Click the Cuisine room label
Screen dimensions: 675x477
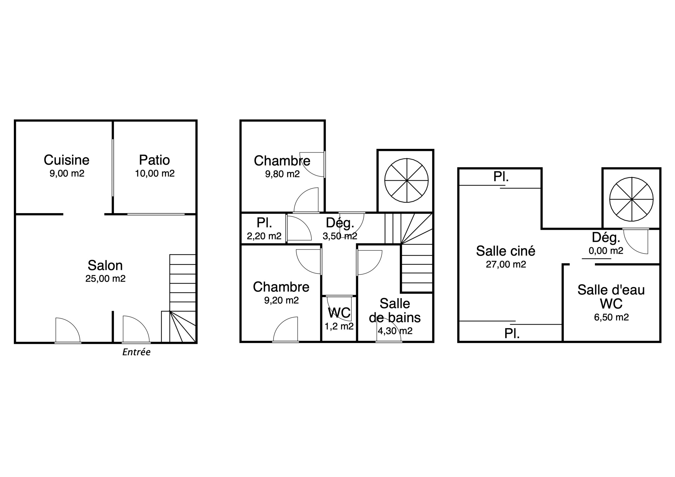coord(67,160)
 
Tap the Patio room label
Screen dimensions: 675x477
coord(155,160)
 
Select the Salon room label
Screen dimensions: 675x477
coord(105,266)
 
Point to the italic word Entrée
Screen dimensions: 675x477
coord(136,352)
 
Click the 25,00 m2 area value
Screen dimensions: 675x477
coord(105,279)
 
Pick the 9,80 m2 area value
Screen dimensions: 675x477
coord(282,174)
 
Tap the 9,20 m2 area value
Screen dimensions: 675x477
coord(281,300)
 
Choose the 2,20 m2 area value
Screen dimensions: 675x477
coord(264,236)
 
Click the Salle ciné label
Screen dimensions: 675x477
coord(506,251)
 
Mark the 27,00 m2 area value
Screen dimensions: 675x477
coord(506,265)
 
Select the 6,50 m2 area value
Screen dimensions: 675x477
coord(611,317)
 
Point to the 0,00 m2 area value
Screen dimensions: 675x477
coord(606,251)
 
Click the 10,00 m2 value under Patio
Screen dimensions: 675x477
coord(155,173)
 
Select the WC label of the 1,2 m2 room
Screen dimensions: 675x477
coord(339,313)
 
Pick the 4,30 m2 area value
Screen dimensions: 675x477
coord(395,331)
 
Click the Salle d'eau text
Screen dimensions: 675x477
coord(611,290)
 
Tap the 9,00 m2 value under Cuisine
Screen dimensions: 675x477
coord(67,173)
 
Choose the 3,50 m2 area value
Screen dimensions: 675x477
coord(340,236)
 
